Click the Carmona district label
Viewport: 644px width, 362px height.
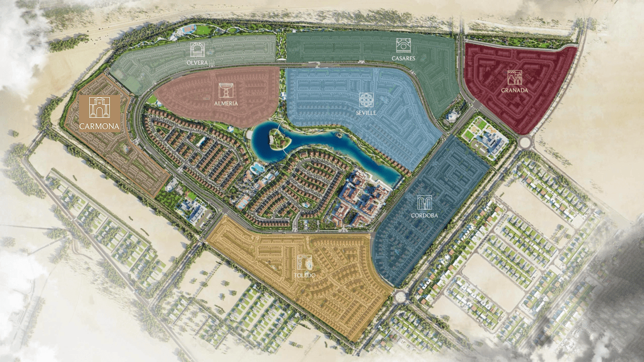pos(99,126)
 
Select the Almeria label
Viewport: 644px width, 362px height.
pos(226,103)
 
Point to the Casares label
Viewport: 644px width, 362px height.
pos(403,58)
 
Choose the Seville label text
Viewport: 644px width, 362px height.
pos(367,113)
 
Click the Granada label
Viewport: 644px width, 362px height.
pos(514,90)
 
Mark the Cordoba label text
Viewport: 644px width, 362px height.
pos(425,215)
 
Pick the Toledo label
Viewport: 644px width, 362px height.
pos(305,276)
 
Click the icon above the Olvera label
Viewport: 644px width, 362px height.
pos(197,50)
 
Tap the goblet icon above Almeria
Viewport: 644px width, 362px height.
pos(226,90)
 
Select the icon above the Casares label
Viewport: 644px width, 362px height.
pos(403,45)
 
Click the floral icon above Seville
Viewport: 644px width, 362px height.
pos(367,100)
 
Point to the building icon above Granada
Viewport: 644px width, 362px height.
pos(514,77)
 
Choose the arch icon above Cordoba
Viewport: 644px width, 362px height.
pos(425,203)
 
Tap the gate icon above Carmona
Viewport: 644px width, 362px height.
pos(99,108)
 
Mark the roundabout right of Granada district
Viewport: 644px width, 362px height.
pos(526,142)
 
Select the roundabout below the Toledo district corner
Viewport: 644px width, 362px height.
pos(400,297)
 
